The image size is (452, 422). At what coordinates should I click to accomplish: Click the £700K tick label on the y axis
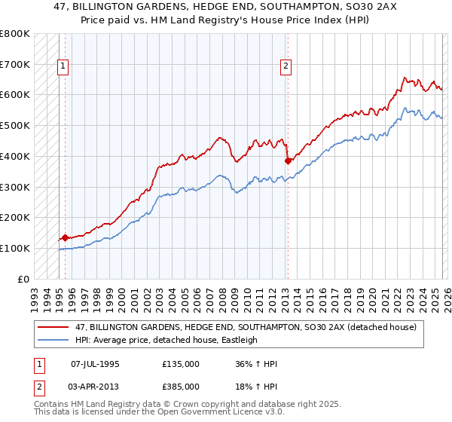coord(15,64)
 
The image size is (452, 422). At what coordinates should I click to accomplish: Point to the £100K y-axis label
coord(15,248)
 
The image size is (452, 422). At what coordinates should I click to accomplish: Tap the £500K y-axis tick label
coord(15,125)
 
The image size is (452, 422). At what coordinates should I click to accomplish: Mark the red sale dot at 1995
coord(65,237)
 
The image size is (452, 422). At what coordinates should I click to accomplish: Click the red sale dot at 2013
coord(287,161)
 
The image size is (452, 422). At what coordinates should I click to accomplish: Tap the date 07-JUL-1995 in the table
coord(95,364)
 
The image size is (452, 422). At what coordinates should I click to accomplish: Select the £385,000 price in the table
coord(181,386)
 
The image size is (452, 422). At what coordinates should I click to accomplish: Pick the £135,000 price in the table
coord(181,364)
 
